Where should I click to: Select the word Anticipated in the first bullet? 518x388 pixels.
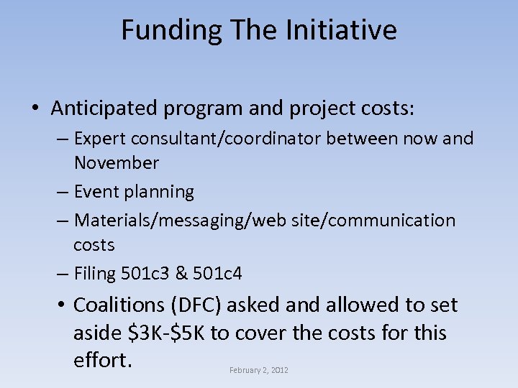pos(104,108)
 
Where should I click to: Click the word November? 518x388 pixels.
pos(116,163)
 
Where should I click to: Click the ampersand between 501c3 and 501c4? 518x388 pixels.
pos(182,273)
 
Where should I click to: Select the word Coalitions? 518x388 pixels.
pos(119,305)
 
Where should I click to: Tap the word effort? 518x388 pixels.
pos(102,360)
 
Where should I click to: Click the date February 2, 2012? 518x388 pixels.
pos(258,370)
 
